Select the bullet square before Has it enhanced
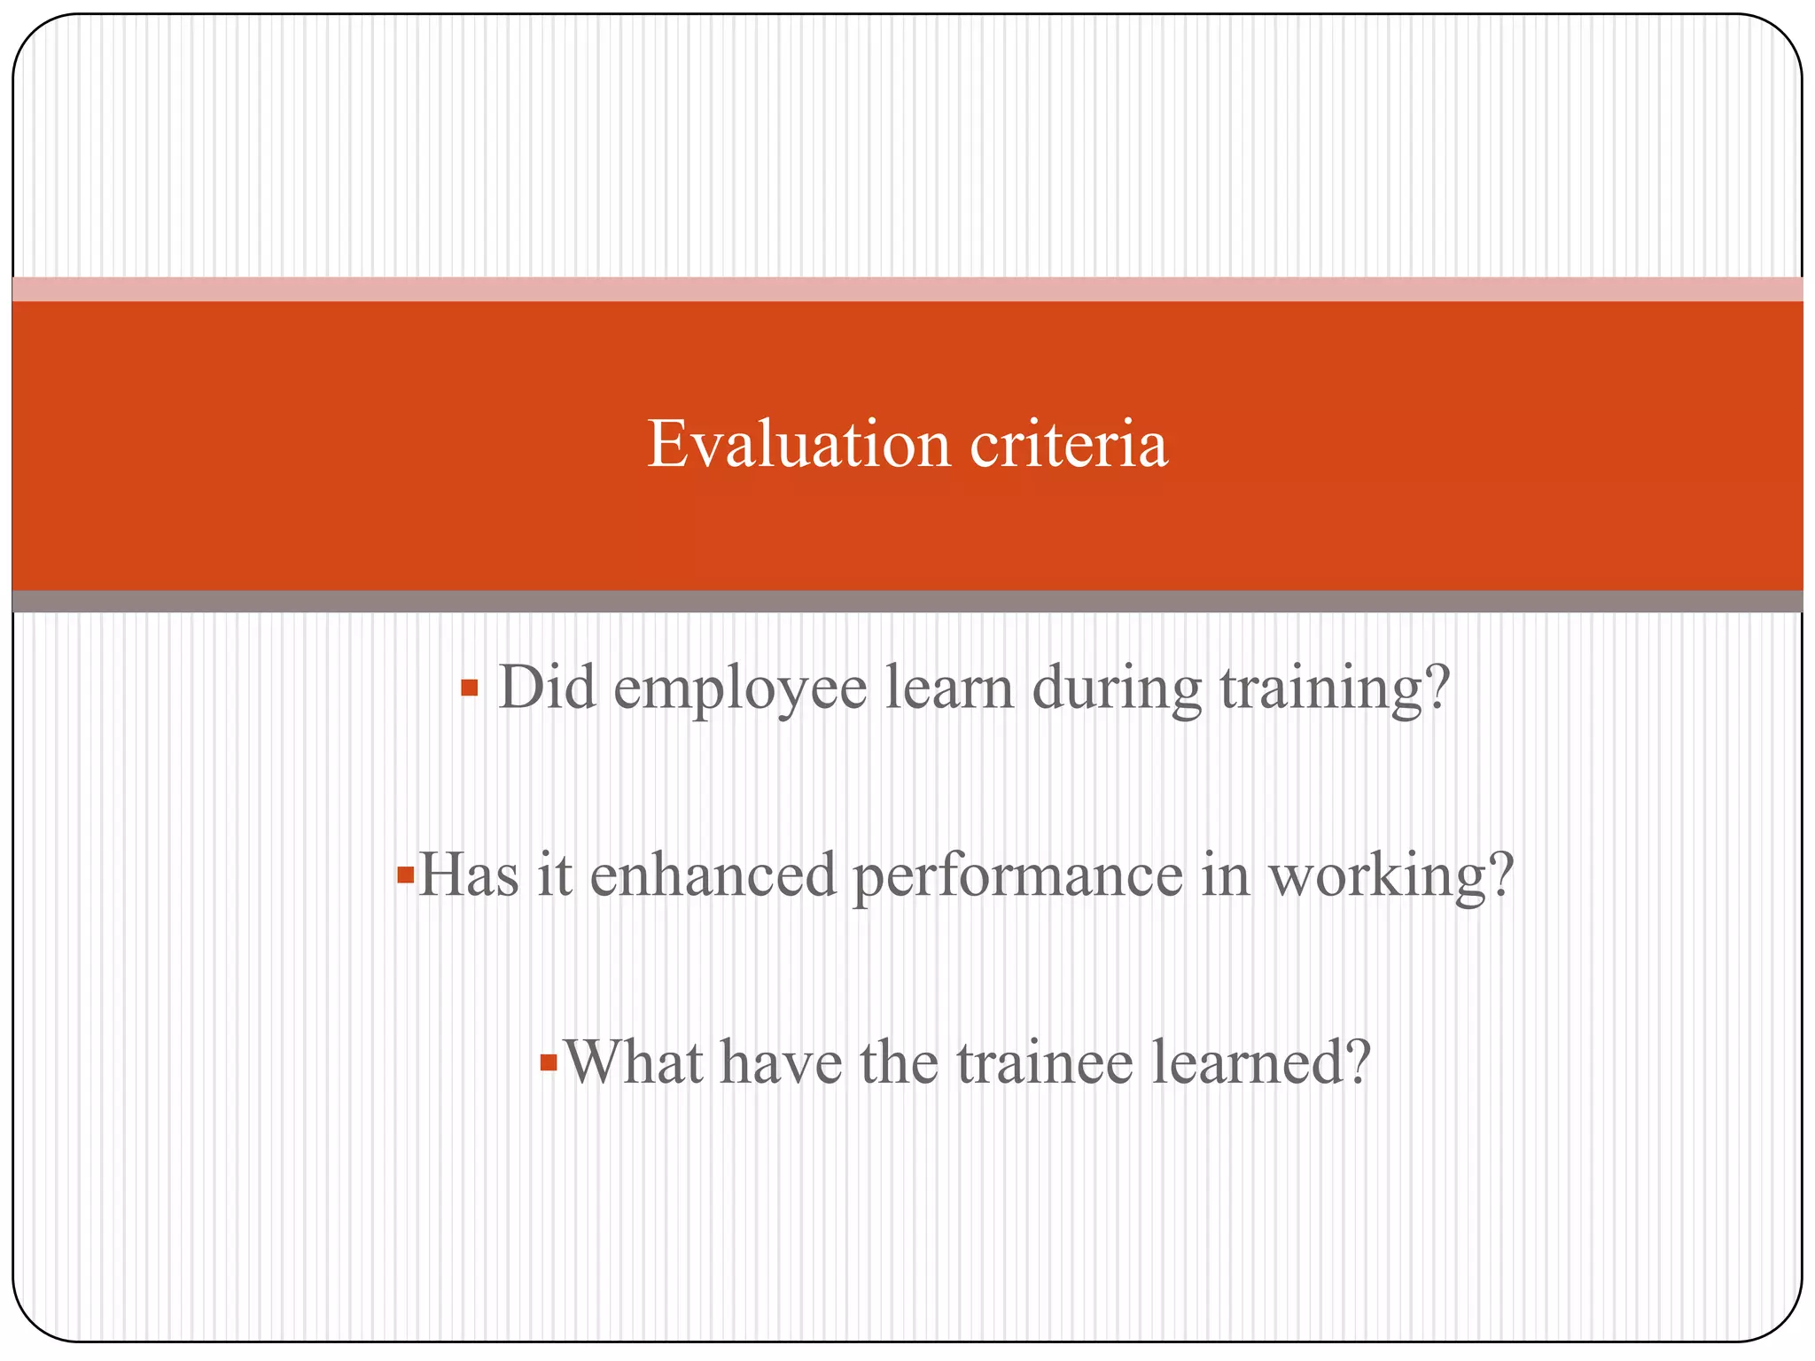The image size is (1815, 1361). (406, 875)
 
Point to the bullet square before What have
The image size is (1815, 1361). (549, 1062)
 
